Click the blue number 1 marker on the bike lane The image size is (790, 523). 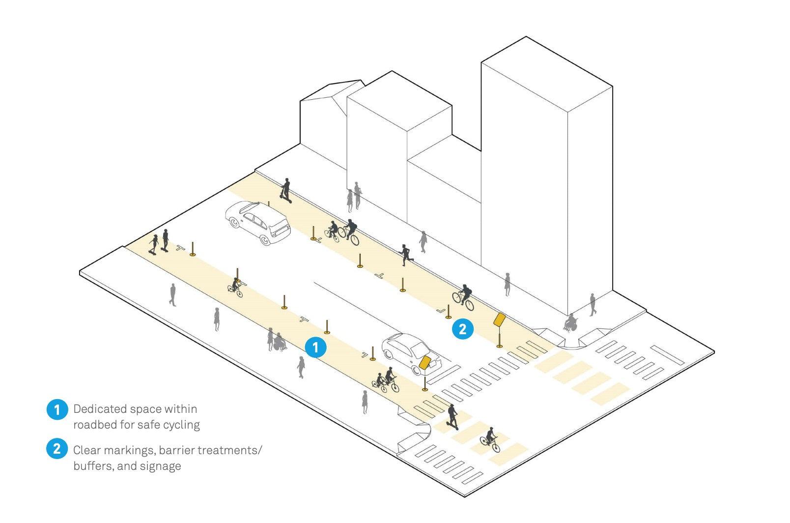click(315, 347)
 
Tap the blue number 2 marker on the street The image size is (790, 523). click(463, 329)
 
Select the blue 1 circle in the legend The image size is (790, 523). click(57, 410)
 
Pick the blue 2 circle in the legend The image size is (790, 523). click(57, 449)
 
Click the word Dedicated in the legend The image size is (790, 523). click(100, 409)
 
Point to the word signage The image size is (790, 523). click(161, 466)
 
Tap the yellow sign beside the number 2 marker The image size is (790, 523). click(499, 320)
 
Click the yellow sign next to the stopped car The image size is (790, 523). click(425, 362)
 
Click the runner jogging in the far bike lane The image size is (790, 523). click(406, 255)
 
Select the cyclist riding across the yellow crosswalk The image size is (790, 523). click(490, 440)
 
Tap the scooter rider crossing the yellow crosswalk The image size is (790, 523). click(452, 417)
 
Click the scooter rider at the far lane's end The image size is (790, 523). click(286, 191)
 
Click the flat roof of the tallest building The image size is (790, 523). click(547, 74)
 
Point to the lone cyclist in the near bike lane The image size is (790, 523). click(235, 287)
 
